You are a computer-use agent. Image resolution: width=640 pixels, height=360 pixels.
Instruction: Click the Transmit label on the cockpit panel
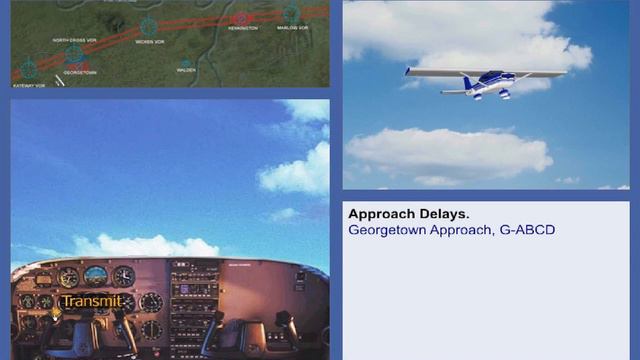click(x=91, y=301)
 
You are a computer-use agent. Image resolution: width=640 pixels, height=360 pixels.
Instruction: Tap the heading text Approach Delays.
click(x=408, y=214)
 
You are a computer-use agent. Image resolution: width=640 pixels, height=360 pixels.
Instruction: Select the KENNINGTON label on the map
click(x=243, y=29)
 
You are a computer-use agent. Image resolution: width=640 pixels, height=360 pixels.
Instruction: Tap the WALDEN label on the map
click(x=186, y=71)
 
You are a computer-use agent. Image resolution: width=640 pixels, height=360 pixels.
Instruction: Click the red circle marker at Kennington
click(x=241, y=17)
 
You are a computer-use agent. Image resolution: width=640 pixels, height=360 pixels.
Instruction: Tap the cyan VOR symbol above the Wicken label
click(x=149, y=27)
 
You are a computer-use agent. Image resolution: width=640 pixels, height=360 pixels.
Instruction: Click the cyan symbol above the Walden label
click(x=186, y=62)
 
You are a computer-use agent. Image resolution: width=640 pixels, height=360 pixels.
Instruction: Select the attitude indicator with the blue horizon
click(x=95, y=276)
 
